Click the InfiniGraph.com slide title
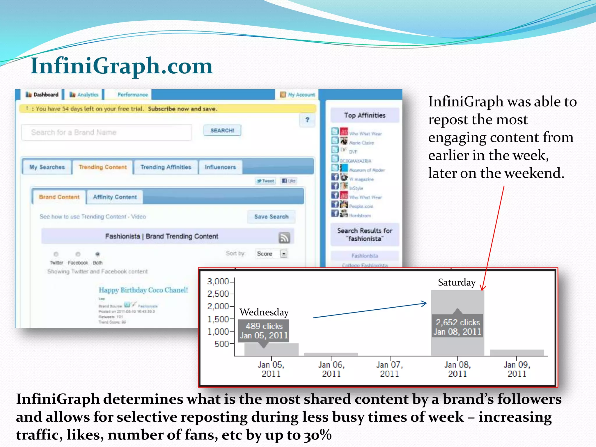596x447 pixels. (122, 66)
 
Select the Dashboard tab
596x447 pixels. (42, 95)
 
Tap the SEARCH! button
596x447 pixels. (222, 130)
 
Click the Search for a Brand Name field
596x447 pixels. (107, 132)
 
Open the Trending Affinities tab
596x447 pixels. (166, 167)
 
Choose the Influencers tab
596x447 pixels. (220, 167)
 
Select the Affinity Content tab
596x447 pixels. (115, 197)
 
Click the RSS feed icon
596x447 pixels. (284, 237)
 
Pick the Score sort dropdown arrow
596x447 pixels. (284, 254)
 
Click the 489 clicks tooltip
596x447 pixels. (264, 331)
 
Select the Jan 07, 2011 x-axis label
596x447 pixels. (389, 369)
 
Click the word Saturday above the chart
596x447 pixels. (457, 282)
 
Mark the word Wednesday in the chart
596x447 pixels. (264, 312)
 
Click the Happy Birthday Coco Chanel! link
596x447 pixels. (143, 290)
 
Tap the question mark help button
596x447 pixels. (307, 120)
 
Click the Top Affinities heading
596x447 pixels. (365, 116)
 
